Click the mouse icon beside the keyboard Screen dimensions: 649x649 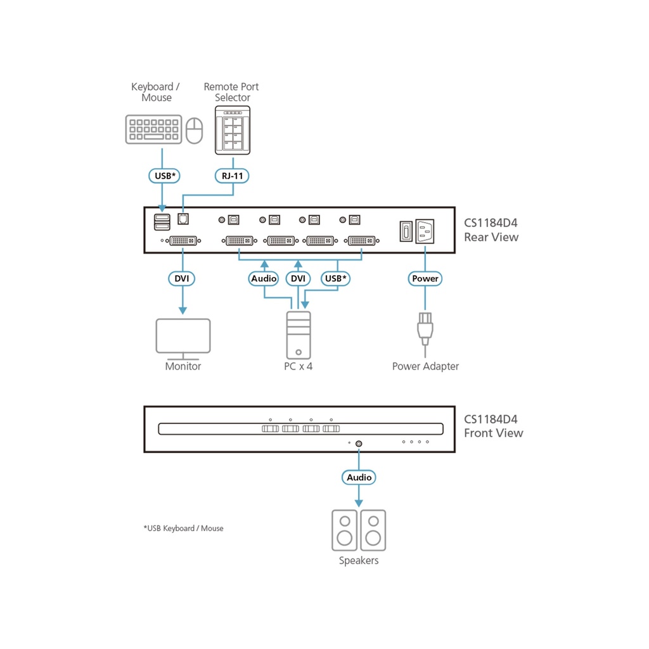pos(195,130)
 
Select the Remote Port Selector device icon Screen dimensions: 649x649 pos(232,130)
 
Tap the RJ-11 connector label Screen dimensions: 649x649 pos(232,174)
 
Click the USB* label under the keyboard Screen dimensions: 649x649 pos(164,174)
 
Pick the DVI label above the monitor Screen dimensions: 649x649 pos(183,278)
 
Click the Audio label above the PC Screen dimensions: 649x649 pos(264,278)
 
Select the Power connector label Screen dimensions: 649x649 pos(425,278)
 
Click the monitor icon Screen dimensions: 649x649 pos(183,338)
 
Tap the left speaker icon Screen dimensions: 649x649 pos(345,530)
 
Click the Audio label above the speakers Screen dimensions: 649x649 pos(359,477)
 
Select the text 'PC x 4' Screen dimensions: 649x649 pos(298,366)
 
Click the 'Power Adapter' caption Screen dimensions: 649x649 pos(425,366)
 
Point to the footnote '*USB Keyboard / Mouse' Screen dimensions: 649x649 pos(183,528)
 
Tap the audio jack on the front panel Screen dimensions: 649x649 pos(359,444)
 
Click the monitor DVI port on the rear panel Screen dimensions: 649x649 pos(183,240)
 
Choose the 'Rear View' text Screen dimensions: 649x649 pos(491,238)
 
